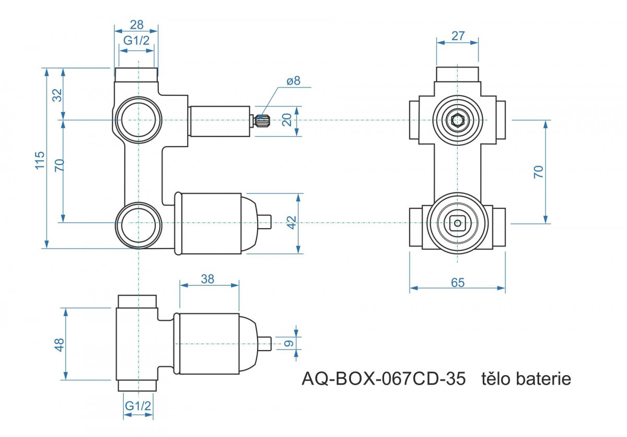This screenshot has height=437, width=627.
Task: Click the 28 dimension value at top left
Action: [136, 25]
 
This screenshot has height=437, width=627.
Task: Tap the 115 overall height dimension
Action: [40, 160]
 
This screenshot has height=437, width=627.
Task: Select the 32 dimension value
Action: [57, 95]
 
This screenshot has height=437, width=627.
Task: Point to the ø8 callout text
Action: [293, 81]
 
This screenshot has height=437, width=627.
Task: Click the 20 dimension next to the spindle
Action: [287, 120]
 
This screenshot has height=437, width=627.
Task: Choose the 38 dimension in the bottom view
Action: [207, 279]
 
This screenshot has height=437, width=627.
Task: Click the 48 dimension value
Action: [59, 345]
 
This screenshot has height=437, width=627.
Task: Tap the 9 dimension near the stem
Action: [288, 343]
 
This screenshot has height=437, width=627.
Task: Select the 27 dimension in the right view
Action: [458, 36]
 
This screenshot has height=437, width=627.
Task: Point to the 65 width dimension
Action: [458, 283]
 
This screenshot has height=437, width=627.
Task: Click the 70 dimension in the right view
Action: [538, 172]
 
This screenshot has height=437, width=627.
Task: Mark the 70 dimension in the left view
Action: [60, 165]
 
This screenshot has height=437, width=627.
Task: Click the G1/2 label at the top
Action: [136, 41]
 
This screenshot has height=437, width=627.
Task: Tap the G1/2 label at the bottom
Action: [138, 406]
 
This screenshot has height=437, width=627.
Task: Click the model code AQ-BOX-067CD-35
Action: [384, 379]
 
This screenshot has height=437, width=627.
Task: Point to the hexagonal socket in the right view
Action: [457, 120]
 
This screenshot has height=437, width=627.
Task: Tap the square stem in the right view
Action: [457, 223]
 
